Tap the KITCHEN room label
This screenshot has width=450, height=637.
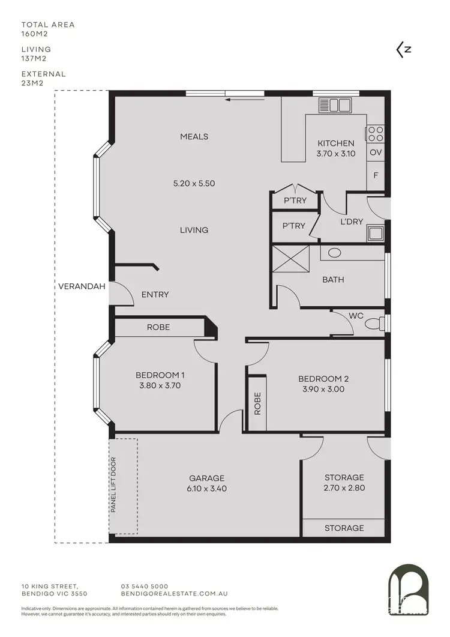335,143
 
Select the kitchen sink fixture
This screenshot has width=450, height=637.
335,105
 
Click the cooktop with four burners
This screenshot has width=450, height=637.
376,133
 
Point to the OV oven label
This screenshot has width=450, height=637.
376,152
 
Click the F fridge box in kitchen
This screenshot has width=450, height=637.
376,176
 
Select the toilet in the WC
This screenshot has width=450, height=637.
374,324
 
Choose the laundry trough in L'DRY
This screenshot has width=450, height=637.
376,233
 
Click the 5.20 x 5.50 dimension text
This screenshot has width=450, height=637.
194,184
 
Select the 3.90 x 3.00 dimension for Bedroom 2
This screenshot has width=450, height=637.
323,389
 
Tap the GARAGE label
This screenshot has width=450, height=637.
207,478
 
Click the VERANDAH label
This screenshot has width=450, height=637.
82,286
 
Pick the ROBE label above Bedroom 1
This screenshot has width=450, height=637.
158,327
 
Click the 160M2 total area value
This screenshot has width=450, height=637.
34,34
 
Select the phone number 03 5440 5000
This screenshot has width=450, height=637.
145,586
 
